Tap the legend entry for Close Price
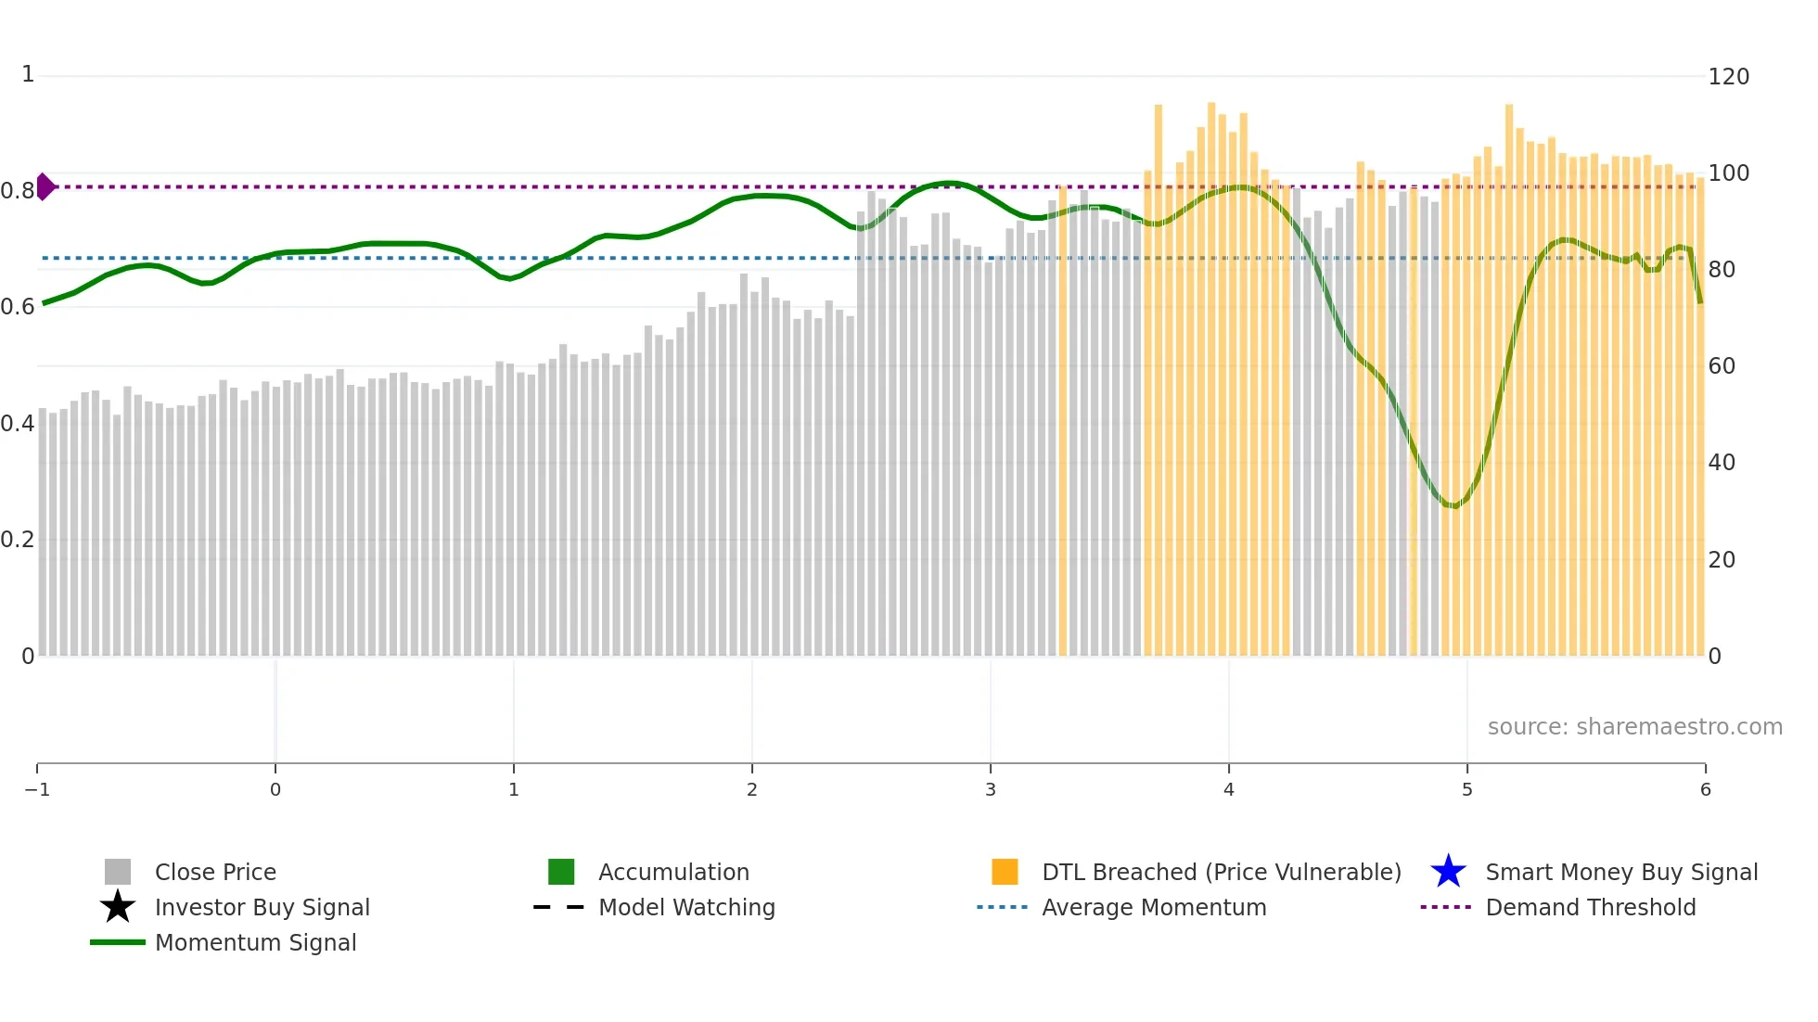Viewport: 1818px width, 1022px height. pos(215,872)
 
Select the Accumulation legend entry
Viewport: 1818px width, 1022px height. pos(673,872)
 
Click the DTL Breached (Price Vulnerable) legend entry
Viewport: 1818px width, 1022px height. pos(1221,872)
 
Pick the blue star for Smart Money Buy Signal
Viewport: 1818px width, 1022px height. pos(1448,872)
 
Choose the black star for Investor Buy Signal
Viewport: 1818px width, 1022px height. pos(118,907)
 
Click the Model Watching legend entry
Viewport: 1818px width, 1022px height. pos(686,907)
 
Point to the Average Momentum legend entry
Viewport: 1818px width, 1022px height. pos(1154,907)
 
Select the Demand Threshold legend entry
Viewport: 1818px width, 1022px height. pos(1590,907)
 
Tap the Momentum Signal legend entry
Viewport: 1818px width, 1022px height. pos(255,942)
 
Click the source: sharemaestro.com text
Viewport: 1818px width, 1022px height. pos(1634,726)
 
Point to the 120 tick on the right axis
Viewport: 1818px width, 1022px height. pos(1728,76)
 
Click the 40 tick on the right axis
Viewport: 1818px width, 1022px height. pos(1722,462)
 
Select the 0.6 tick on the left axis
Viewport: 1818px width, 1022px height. pos(18,306)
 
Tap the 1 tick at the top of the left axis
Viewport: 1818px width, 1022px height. pos(28,74)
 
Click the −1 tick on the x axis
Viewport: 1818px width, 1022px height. pos(37,789)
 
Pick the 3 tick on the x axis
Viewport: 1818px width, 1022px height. pos(990,789)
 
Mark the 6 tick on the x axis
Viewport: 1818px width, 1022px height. pos(1705,789)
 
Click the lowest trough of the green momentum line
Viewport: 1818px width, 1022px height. pos(1454,505)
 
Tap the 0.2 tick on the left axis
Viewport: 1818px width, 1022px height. pos(18,539)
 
